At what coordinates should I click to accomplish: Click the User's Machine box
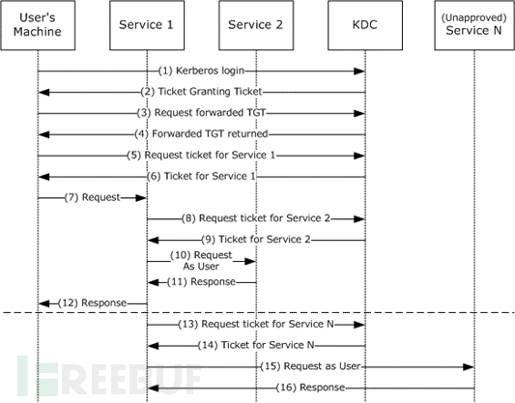pos(38,25)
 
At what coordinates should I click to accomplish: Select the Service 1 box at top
pos(146,25)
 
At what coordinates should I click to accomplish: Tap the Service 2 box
pos(255,25)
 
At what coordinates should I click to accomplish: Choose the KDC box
pos(364,25)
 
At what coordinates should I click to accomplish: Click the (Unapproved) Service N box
pos(474,25)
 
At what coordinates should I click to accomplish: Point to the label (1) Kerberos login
pos(202,71)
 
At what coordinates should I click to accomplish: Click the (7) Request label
pos(92,197)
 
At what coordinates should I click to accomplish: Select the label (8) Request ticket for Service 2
pos(256,218)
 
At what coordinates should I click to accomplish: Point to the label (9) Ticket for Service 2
pos(256,240)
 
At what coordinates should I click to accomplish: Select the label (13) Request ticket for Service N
pos(256,324)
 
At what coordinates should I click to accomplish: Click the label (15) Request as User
pos(309,366)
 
